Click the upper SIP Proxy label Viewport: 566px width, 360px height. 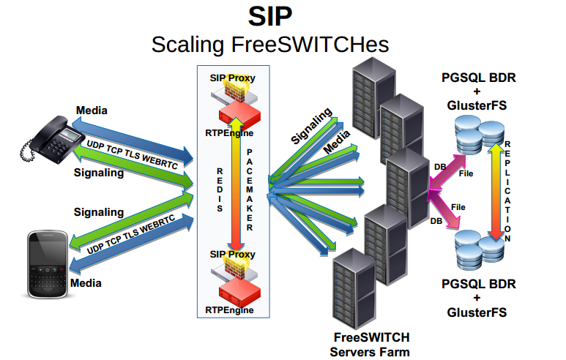233,77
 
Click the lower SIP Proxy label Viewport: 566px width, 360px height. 232,255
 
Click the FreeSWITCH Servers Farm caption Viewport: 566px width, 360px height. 371,344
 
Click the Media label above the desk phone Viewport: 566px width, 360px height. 92,110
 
